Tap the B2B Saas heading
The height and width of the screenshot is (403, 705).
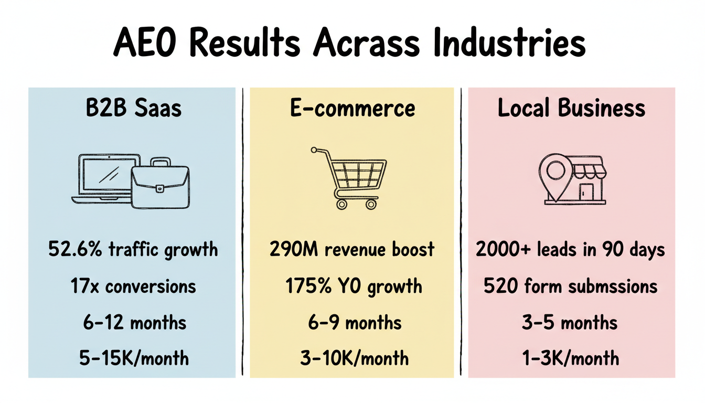pyautogui.click(x=133, y=109)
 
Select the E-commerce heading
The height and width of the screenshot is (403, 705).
pyautogui.click(x=352, y=109)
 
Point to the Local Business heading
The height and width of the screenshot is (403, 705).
pyautogui.click(x=571, y=109)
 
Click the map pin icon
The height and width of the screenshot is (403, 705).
pyautogui.click(x=553, y=173)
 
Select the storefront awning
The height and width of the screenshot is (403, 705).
pyautogui.click(x=585, y=167)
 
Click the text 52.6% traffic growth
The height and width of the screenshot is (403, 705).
pyautogui.click(x=133, y=249)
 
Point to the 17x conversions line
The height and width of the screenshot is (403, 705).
pyautogui.click(x=133, y=287)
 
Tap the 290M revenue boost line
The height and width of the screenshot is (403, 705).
pyautogui.click(x=352, y=249)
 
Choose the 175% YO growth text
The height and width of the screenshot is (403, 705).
pyautogui.click(x=354, y=287)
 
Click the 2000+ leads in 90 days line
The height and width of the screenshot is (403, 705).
pyautogui.click(x=571, y=249)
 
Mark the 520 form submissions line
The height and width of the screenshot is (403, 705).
pyautogui.click(x=571, y=287)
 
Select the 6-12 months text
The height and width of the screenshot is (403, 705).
pyautogui.click(x=135, y=322)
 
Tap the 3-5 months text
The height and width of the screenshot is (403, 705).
pyautogui.click(x=570, y=322)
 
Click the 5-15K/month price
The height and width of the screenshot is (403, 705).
pyautogui.click(x=135, y=359)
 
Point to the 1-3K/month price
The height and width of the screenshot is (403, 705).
pyautogui.click(x=571, y=359)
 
